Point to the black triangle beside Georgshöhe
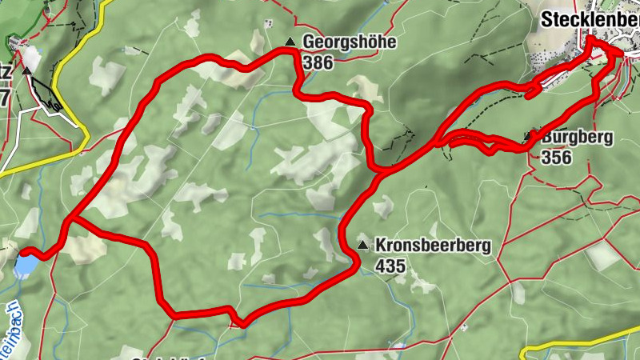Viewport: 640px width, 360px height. (x=290, y=42)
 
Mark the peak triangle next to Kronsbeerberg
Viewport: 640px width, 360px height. (x=363, y=245)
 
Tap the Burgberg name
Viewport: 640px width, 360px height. (x=577, y=138)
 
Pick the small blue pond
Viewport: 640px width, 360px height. (x=24, y=264)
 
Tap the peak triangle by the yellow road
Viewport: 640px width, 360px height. (x=27, y=70)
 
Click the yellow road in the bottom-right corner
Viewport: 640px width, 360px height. (x=576, y=346)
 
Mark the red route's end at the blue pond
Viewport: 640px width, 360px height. (x=36, y=255)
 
